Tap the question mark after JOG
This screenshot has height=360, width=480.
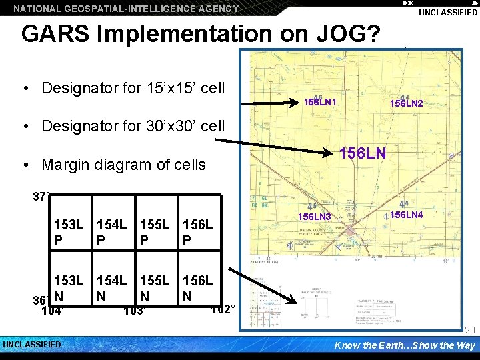pos(371,33)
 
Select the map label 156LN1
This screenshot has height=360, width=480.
pos(320,103)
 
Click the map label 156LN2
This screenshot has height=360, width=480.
pos(407,103)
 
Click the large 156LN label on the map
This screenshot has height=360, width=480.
pos(363,153)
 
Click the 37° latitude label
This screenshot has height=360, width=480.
pos(42,197)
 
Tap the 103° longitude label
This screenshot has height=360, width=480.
pos(136,311)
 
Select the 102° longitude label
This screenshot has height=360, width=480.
pos(222,309)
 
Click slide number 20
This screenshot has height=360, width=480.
pos(469,330)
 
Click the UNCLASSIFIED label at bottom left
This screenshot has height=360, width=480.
pos(32,345)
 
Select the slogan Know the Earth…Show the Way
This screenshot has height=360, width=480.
pos(405,345)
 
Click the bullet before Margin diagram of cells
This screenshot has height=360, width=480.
pos(24,165)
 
